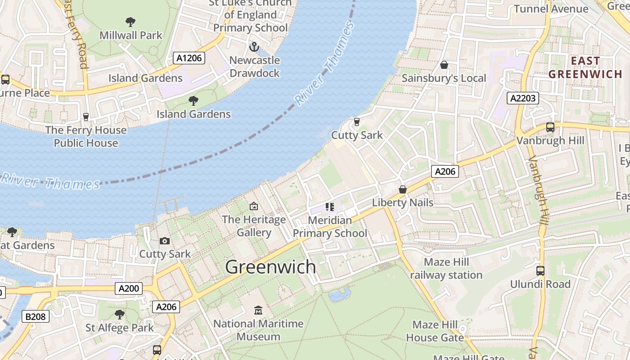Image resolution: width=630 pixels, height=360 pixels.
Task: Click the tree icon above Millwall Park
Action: (130, 22)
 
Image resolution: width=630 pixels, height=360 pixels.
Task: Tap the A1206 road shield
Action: (189, 58)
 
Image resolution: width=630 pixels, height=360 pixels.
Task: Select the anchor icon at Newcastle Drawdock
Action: (254, 47)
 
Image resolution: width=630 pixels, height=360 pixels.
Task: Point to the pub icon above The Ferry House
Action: (86, 117)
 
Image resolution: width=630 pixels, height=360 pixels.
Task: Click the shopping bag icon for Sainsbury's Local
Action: (444, 65)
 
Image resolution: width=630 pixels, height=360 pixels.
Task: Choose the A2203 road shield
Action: (522, 98)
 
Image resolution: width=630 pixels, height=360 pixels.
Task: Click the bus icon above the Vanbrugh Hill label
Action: (550, 127)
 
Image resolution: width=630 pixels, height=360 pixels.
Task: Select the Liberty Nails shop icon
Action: (403, 189)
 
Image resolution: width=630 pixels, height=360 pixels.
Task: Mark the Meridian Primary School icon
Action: (330, 207)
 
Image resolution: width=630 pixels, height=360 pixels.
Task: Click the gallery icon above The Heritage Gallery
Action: (254, 206)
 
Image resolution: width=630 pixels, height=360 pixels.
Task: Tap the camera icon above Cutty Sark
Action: (165, 241)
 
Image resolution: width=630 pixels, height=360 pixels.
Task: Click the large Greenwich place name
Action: (270, 267)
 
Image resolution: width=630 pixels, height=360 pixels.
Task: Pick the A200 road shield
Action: (129, 288)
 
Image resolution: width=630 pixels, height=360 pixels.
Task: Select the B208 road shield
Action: (36, 316)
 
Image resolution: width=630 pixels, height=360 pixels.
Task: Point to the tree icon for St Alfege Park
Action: (119, 314)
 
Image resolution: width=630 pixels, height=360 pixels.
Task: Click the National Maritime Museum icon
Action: (258, 310)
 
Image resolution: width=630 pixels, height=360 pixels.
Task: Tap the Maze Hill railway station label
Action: (446, 269)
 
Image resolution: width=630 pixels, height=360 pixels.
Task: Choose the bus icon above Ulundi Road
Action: (540, 271)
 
